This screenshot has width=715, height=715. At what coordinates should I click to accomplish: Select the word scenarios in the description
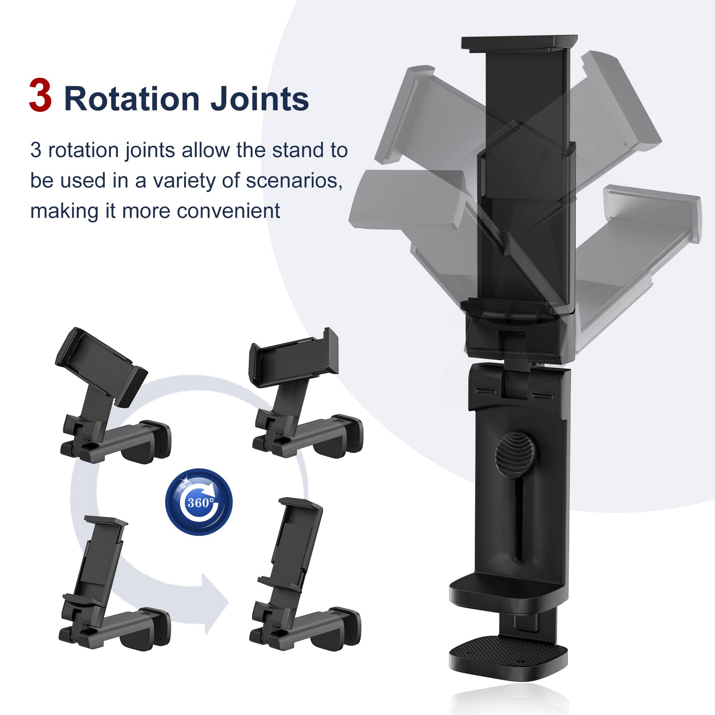[294, 181]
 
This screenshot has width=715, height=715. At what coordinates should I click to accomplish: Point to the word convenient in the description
[228, 211]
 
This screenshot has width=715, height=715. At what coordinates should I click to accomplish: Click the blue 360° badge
[199, 502]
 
